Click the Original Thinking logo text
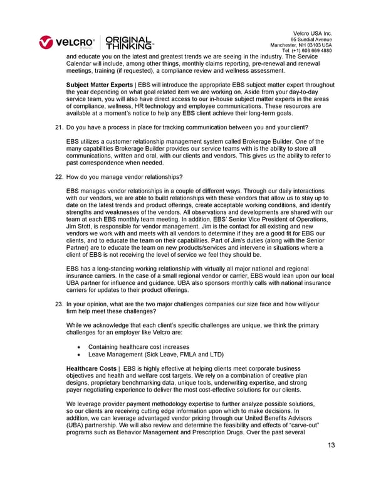coord(130,43)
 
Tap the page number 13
coord(332,445)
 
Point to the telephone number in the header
coord(307,50)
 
